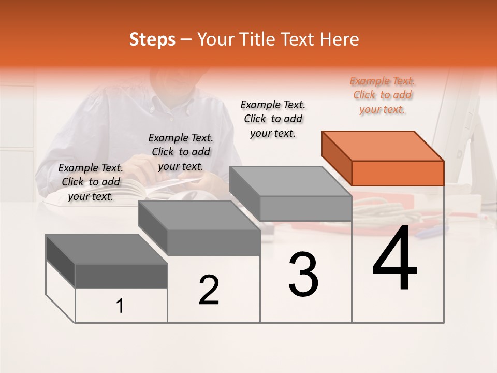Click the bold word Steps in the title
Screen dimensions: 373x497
point(152,39)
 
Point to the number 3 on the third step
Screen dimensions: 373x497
point(303,274)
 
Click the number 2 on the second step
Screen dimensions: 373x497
point(209,290)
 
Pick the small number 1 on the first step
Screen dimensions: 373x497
point(120,306)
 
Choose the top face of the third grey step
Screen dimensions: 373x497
point(290,181)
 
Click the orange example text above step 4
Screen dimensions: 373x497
point(382,95)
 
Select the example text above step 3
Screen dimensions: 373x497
point(273,119)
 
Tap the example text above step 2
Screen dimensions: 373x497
point(181,152)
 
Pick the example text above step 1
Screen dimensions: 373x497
point(91,182)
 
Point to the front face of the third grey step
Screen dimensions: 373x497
point(305,208)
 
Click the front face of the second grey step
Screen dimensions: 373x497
point(214,242)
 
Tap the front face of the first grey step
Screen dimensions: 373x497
point(121,276)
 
